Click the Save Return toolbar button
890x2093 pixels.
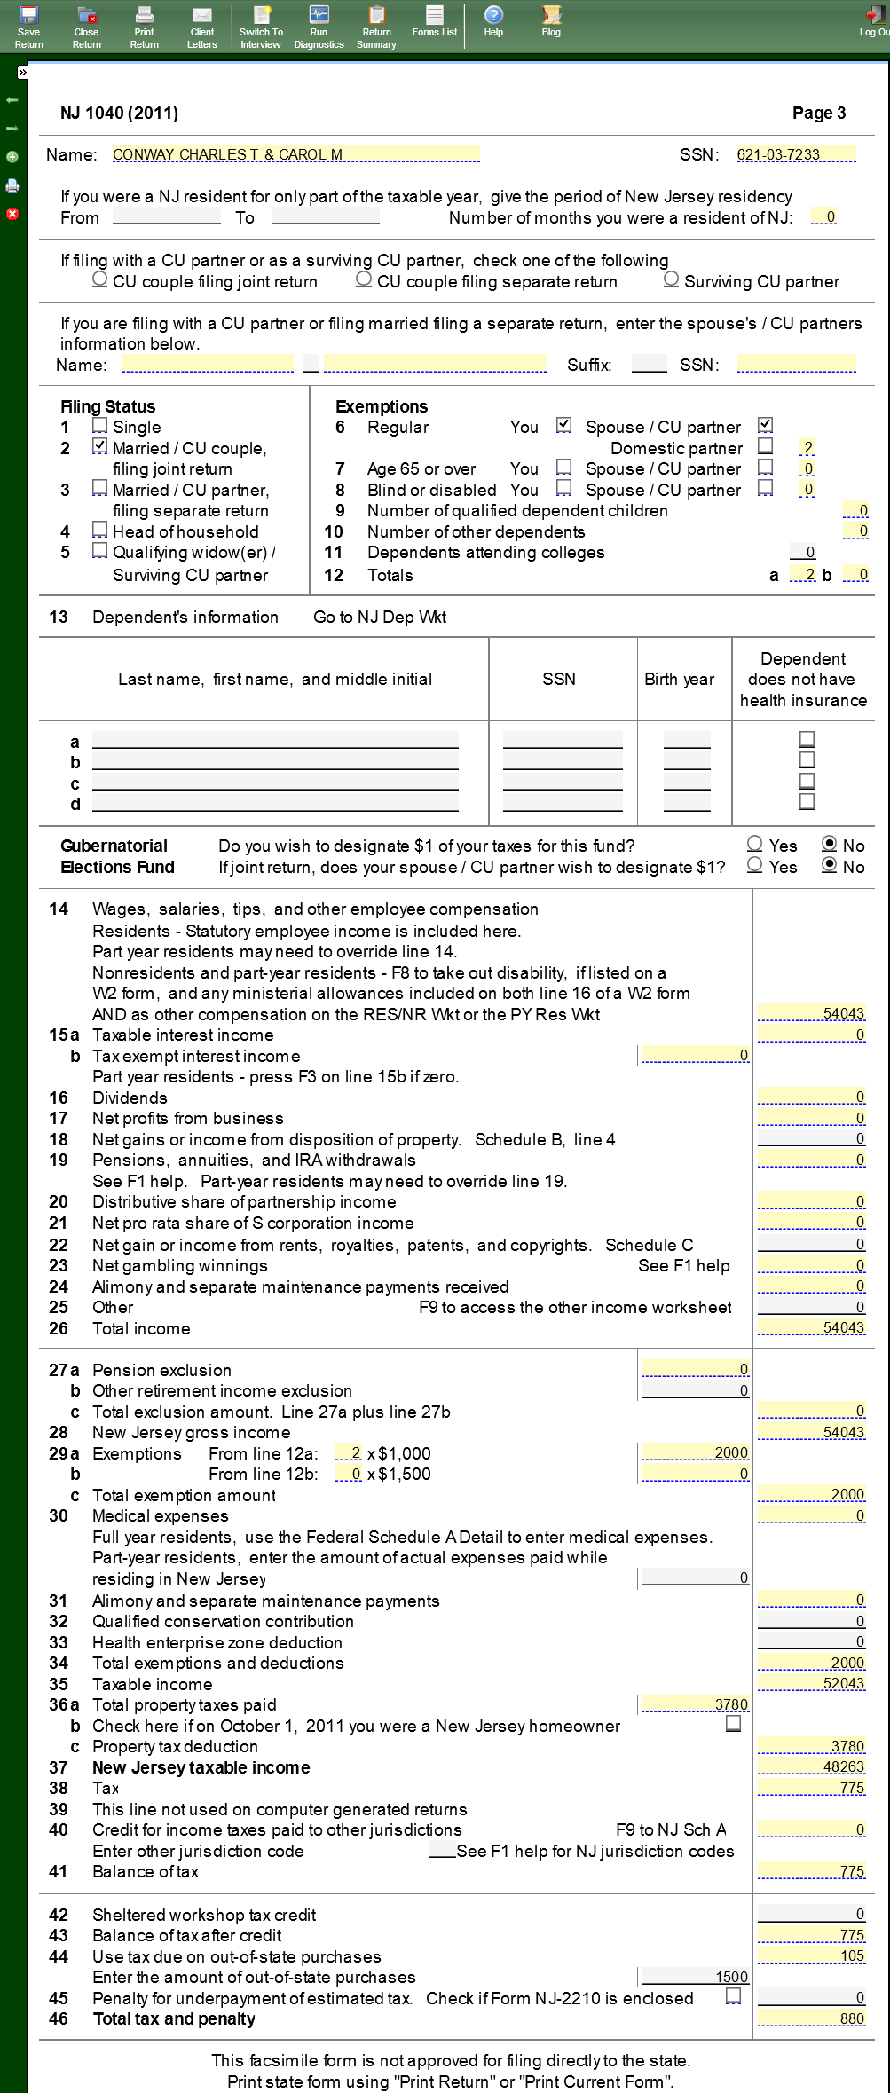[x=28, y=26]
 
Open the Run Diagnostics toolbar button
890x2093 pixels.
[x=319, y=26]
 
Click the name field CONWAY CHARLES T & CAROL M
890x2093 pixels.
[x=295, y=155]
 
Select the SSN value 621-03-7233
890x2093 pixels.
[x=795, y=155]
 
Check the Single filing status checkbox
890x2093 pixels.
[x=100, y=426]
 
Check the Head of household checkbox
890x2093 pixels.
[x=100, y=531]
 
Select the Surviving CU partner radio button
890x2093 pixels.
[x=672, y=279]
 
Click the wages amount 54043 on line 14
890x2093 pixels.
[x=811, y=1013]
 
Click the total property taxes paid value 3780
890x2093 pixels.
[x=695, y=1704]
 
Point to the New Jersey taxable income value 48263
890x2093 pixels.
[x=811, y=1766]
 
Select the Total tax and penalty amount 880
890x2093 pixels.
[x=811, y=2018]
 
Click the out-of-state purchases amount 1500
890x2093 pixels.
[x=695, y=1977]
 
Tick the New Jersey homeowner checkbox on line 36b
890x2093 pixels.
[x=733, y=1723]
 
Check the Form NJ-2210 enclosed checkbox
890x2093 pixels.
[x=733, y=1995]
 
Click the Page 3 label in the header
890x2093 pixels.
[x=818, y=113]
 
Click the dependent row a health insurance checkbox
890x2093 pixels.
[x=807, y=739]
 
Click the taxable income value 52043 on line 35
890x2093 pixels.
[x=811, y=1683]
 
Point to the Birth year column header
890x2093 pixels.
[x=679, y=680]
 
